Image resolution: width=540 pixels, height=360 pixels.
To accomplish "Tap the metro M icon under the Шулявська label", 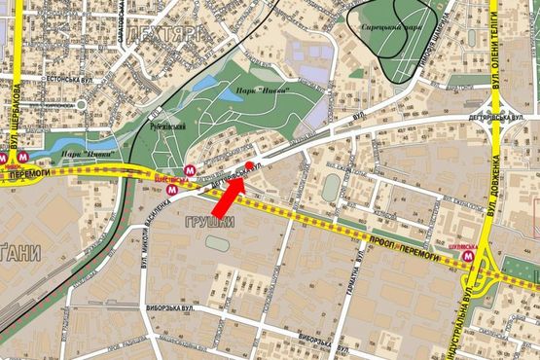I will coord(472,259).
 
